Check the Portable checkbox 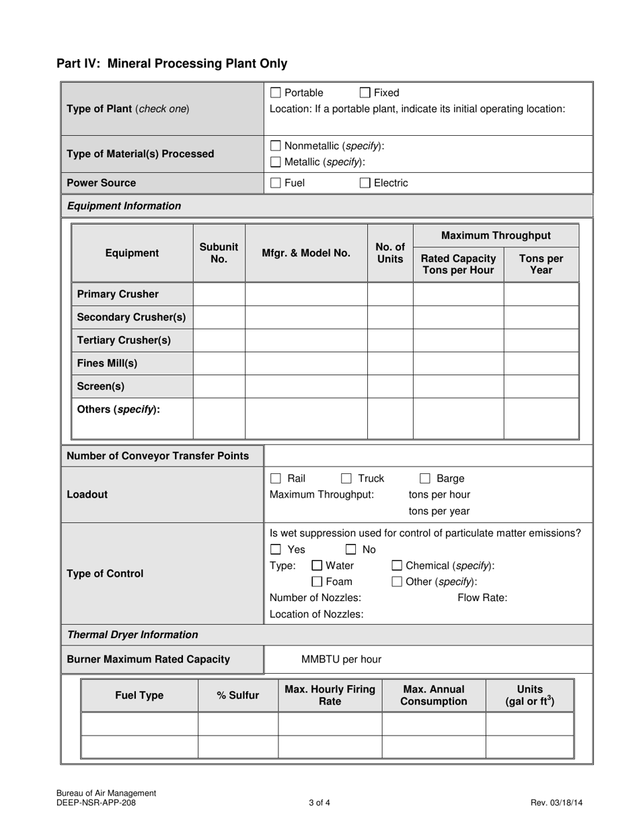(x=275, y=93)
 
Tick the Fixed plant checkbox (x=365, y=93)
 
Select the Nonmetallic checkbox (x=275, y=146)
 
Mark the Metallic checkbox (x=275, y=162)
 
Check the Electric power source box (x=365, y=183)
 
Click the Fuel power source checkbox (x=275, y=183)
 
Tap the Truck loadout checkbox (x=346, y=479)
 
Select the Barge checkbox (x=425, y=479)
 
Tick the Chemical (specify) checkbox (x=397, y=565)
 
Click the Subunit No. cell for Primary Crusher (x=219, y=294)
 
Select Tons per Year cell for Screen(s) (x=541, y=387)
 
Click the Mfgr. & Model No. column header (x=306, y=253)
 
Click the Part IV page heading (x=172, y=64)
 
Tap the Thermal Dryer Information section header (x=133, y=635)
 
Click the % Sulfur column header (x=237, y=696)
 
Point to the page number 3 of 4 (x=319, y=802)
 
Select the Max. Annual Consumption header (x=433, y=696)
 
